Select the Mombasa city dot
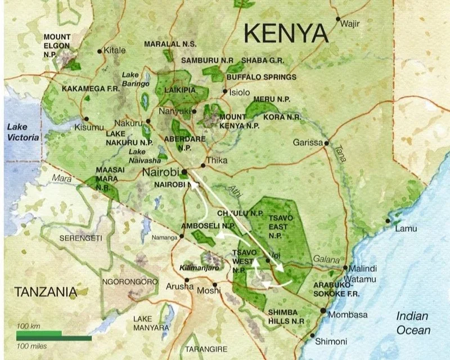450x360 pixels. (x=323, y=310)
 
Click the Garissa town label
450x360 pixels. (x=308, y=143)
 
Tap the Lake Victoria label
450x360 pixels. (x=23, y=132)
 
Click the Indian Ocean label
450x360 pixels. (x=413, y=323)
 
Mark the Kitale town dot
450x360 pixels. (x=100, y=51)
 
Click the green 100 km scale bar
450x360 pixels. (x=39, y=333)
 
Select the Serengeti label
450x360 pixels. (x=82, y=238)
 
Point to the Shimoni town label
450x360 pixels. (x=331, y=341)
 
